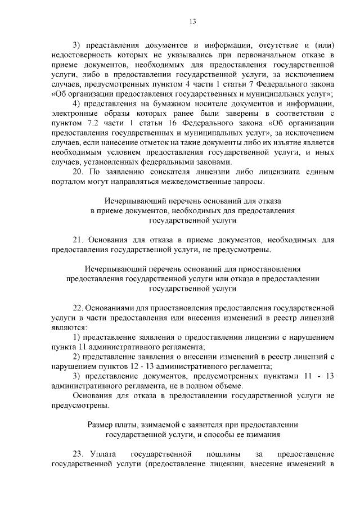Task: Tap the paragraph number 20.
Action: [x=79, y=172]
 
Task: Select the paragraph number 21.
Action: [x=79, y=240]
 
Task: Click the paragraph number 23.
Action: [x=79, y=454]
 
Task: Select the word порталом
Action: [x=66, y=181]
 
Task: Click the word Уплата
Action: [x=105, y=454]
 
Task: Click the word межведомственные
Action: [x=184, y=181]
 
